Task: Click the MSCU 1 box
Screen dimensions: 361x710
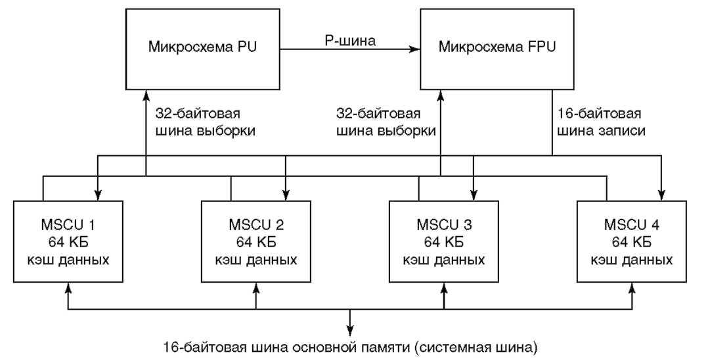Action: pyautogui.click(x=71, y=242)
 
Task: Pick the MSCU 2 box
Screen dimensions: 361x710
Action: pyautogui.click(x=257, y=242)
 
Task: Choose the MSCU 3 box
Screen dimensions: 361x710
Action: pyautogui.click(x=445, y=242)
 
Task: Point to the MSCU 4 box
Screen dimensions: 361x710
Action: pyautogui.click(x=632, y=242)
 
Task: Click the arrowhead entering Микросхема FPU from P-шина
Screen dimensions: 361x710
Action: pyautogui.click(x=415, y=49)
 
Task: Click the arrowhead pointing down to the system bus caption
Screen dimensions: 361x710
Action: pyautogui.click(x=350, y=329)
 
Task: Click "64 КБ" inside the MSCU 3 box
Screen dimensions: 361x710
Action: pyautogui.click(x=445, y=242)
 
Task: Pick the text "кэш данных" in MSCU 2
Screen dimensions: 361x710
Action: pyautogui.click(x=257, y=259)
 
